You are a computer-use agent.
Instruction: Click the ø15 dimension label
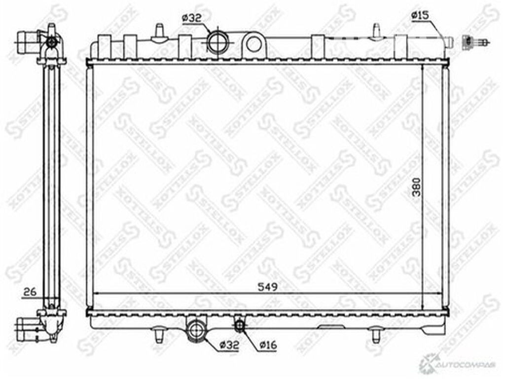tap(420, 15)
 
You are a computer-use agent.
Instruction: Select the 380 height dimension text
tap(416, 187)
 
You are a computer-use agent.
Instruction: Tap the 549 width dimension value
tap(267, 287)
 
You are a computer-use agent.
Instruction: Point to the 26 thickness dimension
tap(30, 292)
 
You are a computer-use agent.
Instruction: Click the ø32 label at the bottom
tap(229, 345)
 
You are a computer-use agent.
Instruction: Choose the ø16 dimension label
tap(268, 344)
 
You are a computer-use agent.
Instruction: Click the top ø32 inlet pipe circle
tap(217, 43)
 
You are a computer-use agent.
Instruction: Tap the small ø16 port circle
tap(240, 326)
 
